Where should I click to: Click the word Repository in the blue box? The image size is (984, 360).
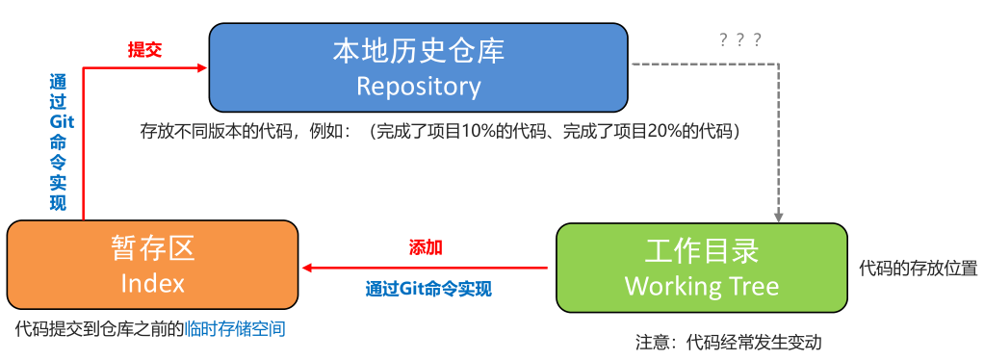pyautogui.click(x=418, y=86)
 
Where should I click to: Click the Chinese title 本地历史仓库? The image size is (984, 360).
pyautogui.click(x=418, y=50)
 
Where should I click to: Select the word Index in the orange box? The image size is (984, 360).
pyautogui.click(x=152, y=283)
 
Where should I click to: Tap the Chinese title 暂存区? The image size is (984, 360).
pyautogui.click(x=152, y=248)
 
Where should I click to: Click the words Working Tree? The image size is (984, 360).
pyautogui.click(x=701, y=286)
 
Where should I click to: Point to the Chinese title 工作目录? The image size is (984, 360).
pyautogui.click(x=701, y=250)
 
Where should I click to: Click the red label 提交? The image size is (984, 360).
pyautogui.click(x=144, y=50)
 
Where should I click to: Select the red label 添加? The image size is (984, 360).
pyautogui.click(x=426, y=247)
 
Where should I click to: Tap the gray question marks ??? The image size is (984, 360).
pyautogui.click(x=740, y=39)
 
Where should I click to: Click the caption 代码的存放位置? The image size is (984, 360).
pyautogui.click(x=918, y=268)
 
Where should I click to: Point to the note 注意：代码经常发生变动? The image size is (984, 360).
pyautogui.click(x=728, y=342)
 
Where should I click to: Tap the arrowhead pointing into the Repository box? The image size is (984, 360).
pyautogui.click(x=202, y=67)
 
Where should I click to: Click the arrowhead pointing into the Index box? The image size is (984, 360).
pyautogui.click(x=307, y=268)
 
